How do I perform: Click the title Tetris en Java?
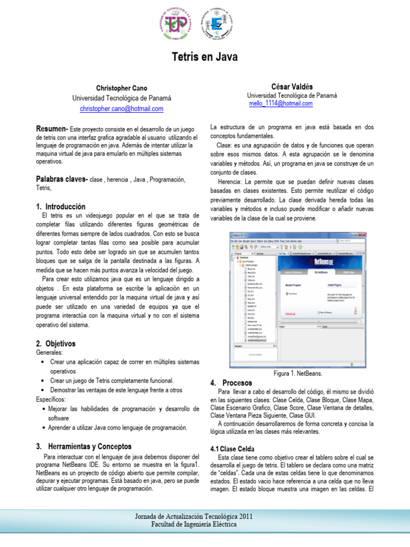point(204,57)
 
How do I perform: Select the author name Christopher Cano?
point(122,88)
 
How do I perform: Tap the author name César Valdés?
point(292,87)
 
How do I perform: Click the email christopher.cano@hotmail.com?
point(122,108)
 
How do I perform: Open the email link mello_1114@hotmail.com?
point(281,104)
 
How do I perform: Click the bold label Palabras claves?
point(61,179)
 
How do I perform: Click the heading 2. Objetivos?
point(56,343)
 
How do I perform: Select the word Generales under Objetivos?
point(50,353)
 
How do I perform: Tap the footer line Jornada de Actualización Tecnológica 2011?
point(204,516)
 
